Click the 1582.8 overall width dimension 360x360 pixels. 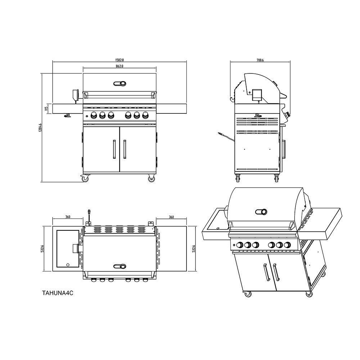pyautogui.click(x=120, y=60)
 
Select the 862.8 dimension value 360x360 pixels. pyautogui.click(x=120, y=66)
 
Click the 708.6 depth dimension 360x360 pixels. pyautogui.click(x=260, y=60)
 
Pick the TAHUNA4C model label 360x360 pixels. pyautogui.click(x=58, y=293)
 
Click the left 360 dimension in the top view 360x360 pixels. pyautogui.click(x=68, y=217)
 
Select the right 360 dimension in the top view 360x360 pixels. pyautogui.click(x=171, y=217)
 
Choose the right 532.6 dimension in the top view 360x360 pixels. pyautogui.click(x=194, y=249)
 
